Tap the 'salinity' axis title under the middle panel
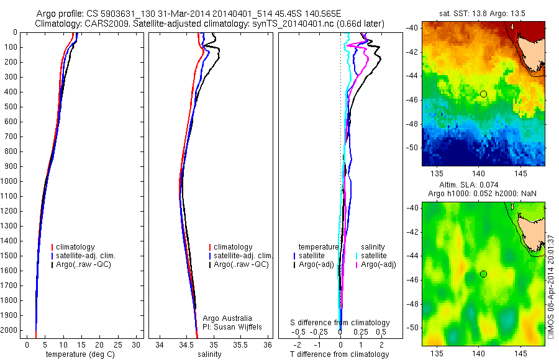point(209,354)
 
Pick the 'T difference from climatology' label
point(340,354)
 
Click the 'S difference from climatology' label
point(340,323)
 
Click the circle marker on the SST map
point(483,94)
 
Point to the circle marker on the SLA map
point(483,274)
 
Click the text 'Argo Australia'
point(227,318)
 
